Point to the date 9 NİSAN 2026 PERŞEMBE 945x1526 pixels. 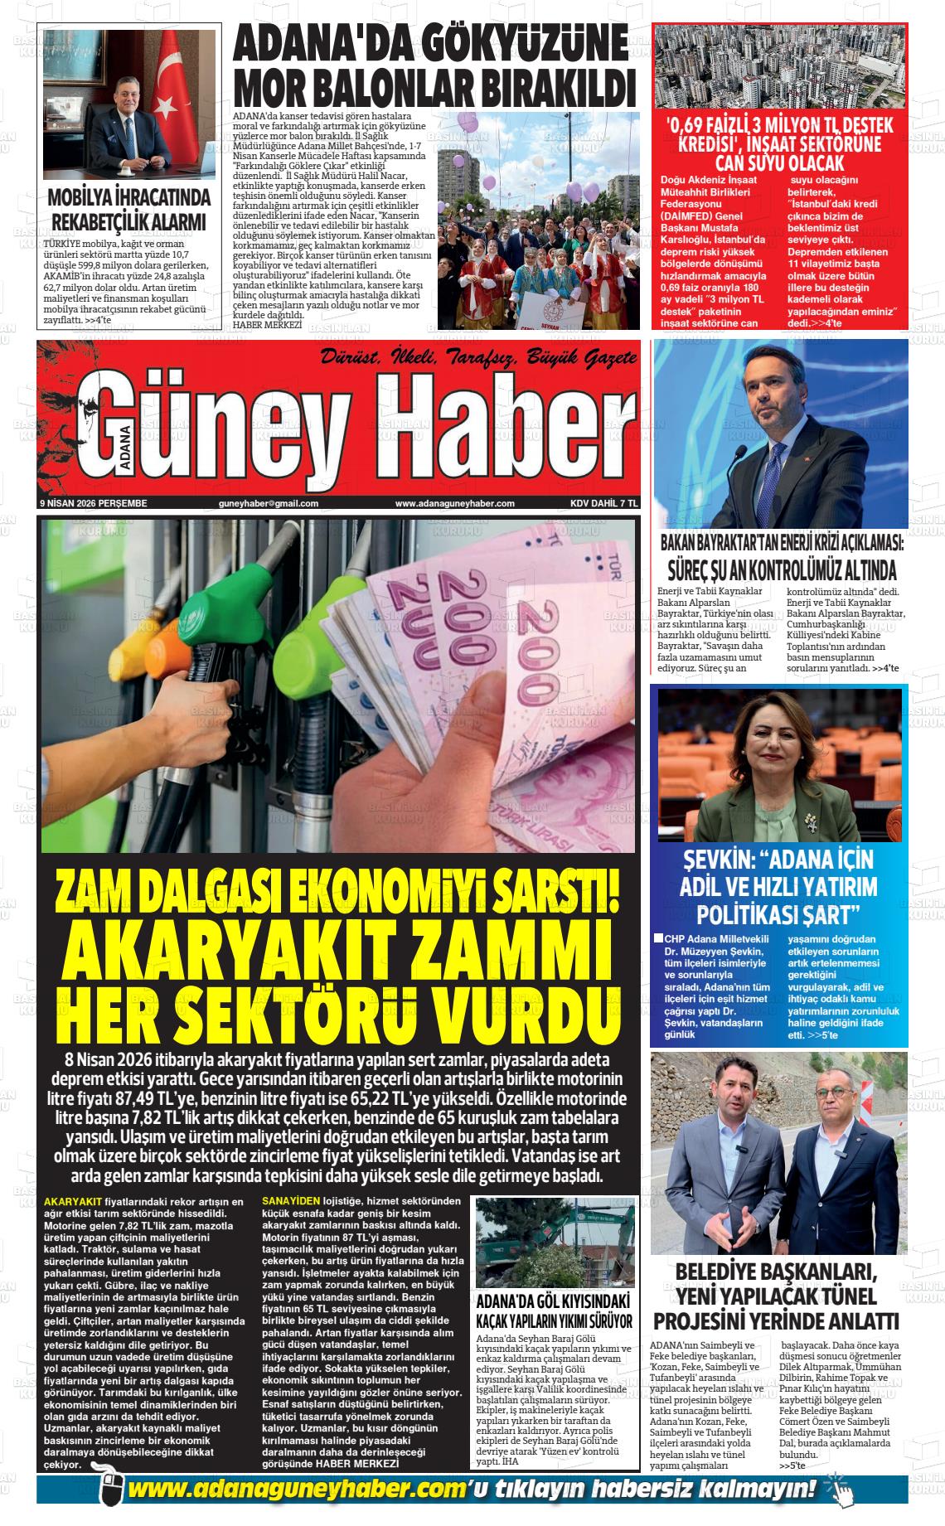click(x=93, y=503)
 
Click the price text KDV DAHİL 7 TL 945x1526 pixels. click(x=603, y=503)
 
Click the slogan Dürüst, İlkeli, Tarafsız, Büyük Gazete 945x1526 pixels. click(x=480, y=359)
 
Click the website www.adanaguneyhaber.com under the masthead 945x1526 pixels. click(x=454, y=503)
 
